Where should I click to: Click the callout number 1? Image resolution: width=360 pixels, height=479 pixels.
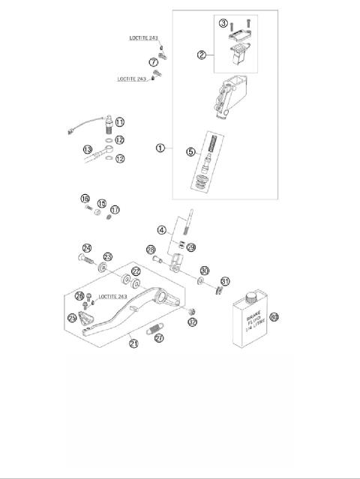160,148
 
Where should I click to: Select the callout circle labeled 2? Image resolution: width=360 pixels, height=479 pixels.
201,54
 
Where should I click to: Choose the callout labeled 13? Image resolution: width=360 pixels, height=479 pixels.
88,149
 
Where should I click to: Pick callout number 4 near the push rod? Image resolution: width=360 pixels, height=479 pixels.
160,230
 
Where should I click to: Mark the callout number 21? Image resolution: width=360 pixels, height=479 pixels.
133,344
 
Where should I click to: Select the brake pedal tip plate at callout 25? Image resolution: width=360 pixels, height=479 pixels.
85,321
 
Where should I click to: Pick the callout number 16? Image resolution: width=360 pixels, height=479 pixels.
85,199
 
